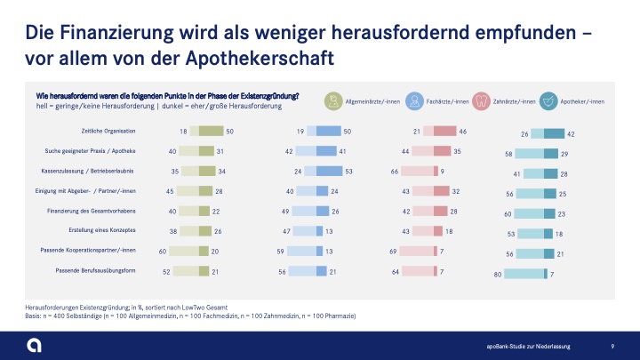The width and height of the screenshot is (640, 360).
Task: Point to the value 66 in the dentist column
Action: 395,170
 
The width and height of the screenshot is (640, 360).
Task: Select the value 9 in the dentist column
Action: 443,170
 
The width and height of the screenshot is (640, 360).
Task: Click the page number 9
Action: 612,345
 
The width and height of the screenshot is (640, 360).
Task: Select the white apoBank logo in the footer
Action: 33,344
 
